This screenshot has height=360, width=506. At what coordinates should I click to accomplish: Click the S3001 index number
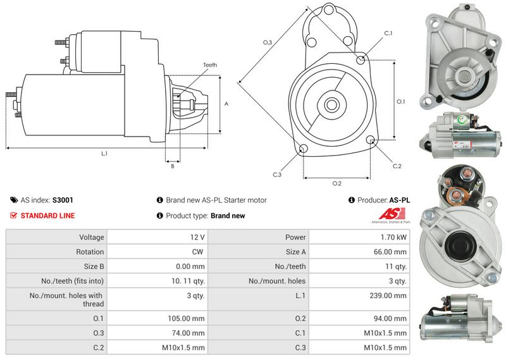click(x=63, y=200)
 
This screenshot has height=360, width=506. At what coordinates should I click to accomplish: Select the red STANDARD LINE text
click(x=47, y=216)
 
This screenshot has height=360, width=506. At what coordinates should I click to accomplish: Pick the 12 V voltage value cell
click(x=196, y=237)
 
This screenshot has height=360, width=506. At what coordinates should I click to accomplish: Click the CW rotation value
click(x=198, y=252)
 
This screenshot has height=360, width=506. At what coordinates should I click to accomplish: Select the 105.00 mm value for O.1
click(x=189, y=318)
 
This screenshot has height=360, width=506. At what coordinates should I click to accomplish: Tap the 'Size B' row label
click(x=92, y=266)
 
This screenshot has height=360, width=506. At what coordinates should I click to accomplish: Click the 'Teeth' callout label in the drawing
click(x=210, y=65)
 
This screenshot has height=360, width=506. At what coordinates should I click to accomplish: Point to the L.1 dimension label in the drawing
click(x=104, y=154)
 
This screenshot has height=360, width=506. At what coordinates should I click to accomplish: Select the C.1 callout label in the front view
click(x=388, y=32)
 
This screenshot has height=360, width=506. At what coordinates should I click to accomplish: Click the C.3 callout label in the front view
click(x=277, y=175)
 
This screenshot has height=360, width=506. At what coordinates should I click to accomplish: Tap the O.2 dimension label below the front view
click(x=336, y=183)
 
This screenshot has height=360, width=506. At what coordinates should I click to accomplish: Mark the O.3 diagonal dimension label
click(x=267, y=42)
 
